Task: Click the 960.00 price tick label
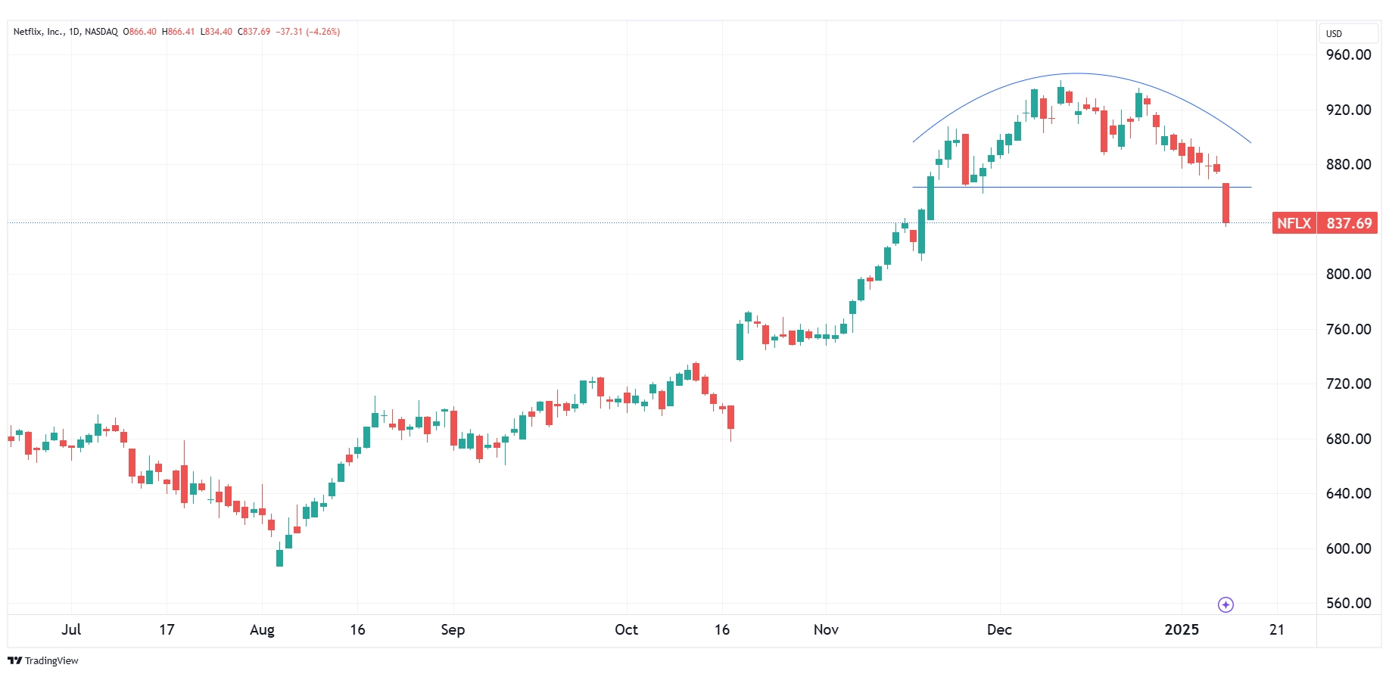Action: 1348,54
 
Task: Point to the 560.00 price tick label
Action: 1348,603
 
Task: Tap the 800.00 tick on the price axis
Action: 1348,274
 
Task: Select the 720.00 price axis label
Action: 1348,384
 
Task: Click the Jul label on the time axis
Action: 71,629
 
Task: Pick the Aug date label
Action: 262,629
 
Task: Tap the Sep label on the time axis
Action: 453,629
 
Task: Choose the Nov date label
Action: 826,629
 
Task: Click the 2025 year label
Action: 1182,629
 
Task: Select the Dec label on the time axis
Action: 999,629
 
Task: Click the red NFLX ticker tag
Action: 1294,223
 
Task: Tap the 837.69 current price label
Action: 1349,223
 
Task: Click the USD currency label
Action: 1334,33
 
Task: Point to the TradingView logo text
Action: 51,661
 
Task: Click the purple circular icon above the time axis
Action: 1225,604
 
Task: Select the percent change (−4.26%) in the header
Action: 323,32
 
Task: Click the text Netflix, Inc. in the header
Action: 39,32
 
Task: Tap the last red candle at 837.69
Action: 1225,203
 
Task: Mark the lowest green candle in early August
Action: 279,558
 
